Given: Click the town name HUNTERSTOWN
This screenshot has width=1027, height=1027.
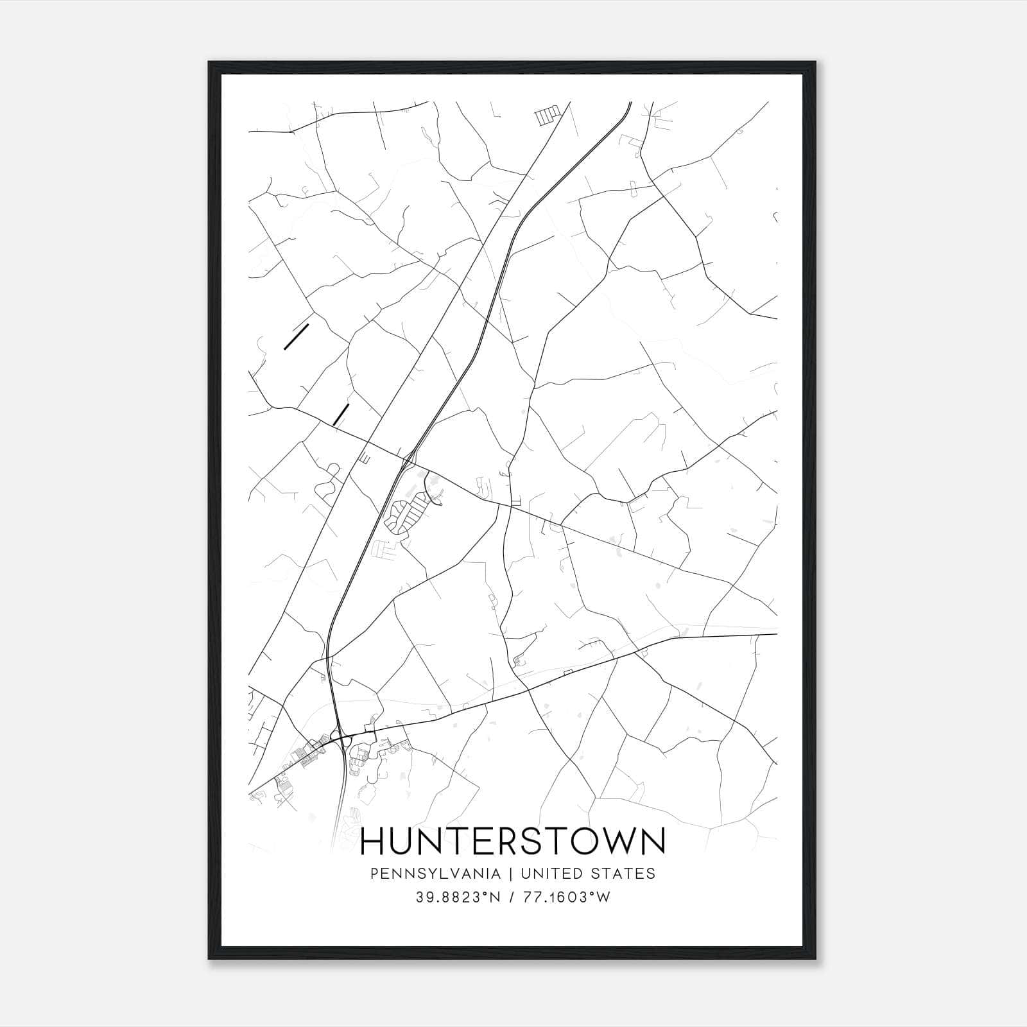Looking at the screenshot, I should point(513,841).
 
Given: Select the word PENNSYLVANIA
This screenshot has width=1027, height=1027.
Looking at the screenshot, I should point(426,874).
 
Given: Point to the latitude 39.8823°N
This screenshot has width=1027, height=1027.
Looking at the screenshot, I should point(458,898).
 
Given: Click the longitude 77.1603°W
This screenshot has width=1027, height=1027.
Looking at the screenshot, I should point(567,898).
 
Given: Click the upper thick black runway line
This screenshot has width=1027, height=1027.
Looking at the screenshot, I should point(297,337).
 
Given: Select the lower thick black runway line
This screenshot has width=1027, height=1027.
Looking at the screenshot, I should point(341,415).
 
